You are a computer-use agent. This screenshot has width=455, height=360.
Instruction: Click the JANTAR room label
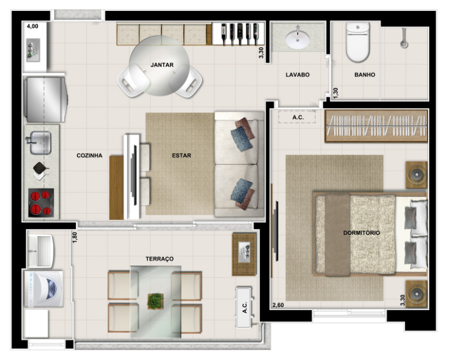[x=162, y=65]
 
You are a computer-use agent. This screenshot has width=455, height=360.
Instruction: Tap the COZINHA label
[x=90, y=156]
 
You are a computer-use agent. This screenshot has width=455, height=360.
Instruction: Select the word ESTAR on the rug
[x=182, y=156]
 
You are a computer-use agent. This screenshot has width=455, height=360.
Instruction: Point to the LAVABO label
[x=298, y=75]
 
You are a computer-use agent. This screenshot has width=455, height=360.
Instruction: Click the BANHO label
[x=365, y=75]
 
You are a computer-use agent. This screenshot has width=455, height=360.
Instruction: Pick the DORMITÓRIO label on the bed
[x=361, y=233]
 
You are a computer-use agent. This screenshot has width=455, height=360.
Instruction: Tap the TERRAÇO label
[x=160, y=259]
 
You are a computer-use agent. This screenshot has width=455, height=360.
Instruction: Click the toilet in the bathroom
[x=358, y=42]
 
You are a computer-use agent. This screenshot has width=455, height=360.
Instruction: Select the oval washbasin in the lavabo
[x=298, y=40]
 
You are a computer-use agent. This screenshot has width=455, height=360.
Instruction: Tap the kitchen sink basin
[x=40, y=143]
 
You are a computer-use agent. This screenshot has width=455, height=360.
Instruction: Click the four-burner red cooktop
[x=41, y=203]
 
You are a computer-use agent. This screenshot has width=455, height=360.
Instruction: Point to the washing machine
[x=44, y=289]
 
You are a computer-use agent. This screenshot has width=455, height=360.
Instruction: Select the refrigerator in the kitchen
[x=46, y=100]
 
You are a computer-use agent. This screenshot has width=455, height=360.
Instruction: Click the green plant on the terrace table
[x=155, y=301]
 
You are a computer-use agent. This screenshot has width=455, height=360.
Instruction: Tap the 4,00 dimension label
[x=32, y=26]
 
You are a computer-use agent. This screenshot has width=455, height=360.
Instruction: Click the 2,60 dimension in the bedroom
[x=278, y=305]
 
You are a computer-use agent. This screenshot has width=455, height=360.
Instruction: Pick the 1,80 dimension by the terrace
[x=75, y=238]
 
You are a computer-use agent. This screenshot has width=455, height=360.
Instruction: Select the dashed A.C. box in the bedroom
[x=297, y=117]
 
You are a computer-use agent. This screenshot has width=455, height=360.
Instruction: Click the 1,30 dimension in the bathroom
[x=336, y=93]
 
